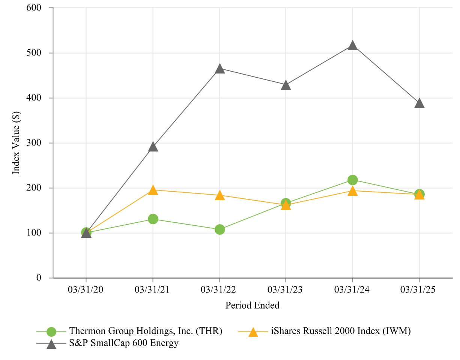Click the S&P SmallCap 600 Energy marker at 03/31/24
[x=352, y=45]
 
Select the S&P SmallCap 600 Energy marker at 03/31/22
[x=220, y=69]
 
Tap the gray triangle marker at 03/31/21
[x=153, y=147]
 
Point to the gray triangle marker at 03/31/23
[x=286, y=85]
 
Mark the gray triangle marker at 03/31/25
[x=419, y=103]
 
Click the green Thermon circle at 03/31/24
[x=352, y=180]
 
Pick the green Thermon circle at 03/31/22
[x=220, y=229]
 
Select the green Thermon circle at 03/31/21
[x=153, y=219]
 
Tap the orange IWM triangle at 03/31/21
[x=153, y=190]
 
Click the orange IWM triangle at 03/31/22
[x=220, y=195]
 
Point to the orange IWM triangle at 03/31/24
[x=352, y=191]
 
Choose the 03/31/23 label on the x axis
[x=286, y=290]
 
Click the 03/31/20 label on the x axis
[x=86, y=290]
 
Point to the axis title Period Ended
[x=252, y=305]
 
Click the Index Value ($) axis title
[x=16, y=143]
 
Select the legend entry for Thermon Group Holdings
[x=146, y=331]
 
